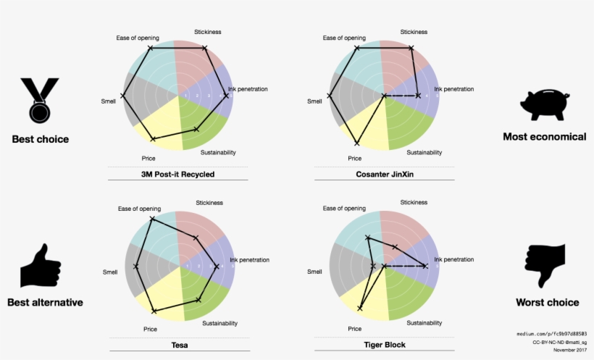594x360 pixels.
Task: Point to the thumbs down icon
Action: click(x=545, y=266)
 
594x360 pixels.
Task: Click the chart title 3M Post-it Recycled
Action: click(x=177, y=175)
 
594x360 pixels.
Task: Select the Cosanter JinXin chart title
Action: click(x=383, y=175)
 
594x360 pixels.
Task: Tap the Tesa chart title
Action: click(x=179, y=345)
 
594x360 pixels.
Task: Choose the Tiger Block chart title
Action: click(x=384, y=345)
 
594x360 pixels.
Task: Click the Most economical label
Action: click(x=544, y=137)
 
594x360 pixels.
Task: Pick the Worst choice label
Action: click(x=547, y=303)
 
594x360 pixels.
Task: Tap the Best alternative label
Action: click(x=45, y=303)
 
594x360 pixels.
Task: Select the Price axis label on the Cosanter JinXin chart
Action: click(x=354, y=158)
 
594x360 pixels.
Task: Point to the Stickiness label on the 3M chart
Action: click(x=208, y=32)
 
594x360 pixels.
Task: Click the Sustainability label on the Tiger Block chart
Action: click(x=424, y=323)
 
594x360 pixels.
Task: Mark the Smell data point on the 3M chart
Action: click(x=123, y=96)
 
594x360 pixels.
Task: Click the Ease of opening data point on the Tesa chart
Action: click(x=151, y=218)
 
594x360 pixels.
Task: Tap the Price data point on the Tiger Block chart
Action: click(x=360, y=309)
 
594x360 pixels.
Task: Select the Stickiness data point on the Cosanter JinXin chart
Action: click(x=411, y=49)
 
